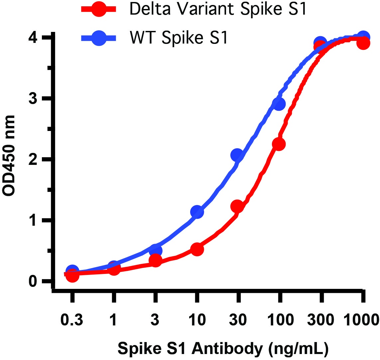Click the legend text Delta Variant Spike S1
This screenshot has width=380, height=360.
(217, 9)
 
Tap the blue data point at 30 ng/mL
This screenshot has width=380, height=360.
(237, 155)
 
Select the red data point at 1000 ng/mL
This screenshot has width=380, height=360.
(363, 44)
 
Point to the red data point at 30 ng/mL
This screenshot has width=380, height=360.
(237, 207)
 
